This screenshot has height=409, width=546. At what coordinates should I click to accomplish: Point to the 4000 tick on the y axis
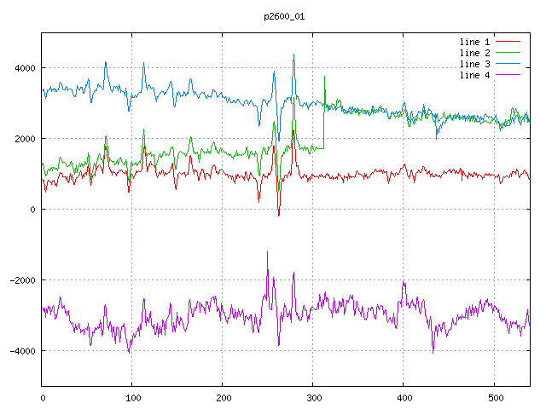click(25, 68)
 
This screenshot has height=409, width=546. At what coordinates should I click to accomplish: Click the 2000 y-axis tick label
click(25, 139)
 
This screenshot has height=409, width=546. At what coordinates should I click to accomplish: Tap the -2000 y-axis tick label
click(22, 280)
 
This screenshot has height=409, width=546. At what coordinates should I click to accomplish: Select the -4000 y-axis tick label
click(22, 351)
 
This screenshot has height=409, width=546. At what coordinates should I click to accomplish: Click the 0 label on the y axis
click(32, 210)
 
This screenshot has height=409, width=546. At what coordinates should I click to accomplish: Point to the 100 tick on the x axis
click(132, 396)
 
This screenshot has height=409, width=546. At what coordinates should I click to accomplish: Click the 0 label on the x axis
click(43, 396)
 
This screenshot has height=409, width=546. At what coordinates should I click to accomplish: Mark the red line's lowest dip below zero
click(278, 216)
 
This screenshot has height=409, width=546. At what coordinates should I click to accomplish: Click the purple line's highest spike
click(267, 252)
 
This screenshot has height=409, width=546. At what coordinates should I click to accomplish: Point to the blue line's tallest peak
click(293, 55)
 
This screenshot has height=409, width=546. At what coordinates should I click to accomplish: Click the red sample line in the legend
click(508, 42)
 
